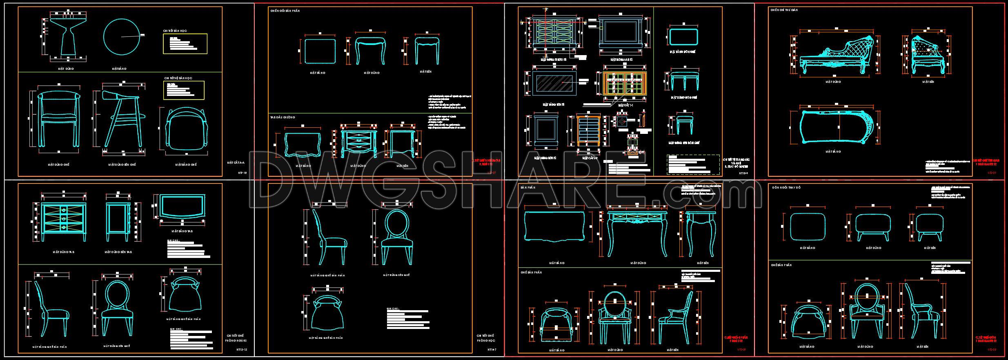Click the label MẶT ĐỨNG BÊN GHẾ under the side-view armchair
click(x=122, y=164)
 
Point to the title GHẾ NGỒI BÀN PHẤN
click(x=285, y=11)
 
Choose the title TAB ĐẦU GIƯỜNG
click(x=283, y=118)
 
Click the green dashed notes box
click(x=693, y=164)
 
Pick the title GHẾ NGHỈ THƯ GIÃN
click(x=784, y=10)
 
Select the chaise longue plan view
click(x=838, y=127)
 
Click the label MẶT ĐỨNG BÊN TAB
click(x=118, y=252)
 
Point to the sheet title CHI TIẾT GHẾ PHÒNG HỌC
click(x=486, y=338)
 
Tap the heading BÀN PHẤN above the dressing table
click(x=527, y=187)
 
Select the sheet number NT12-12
click(x=242, y=350)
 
